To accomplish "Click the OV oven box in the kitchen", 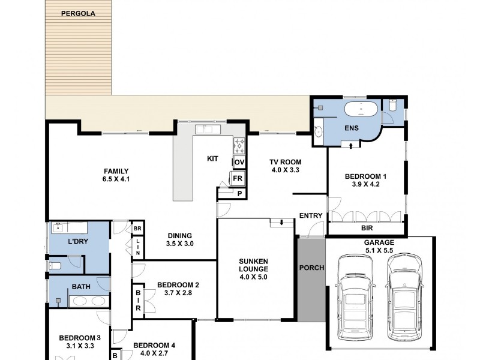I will coord(239,163).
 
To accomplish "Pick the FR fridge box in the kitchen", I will coord(238,179).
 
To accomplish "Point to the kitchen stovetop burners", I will coord(239,144).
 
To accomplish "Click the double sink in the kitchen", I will coord(207,128).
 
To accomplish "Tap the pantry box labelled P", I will coord(239,193).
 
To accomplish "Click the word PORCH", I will coord(311,268).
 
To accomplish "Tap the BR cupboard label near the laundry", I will coord(137,229).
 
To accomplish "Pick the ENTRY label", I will coord(311,215).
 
